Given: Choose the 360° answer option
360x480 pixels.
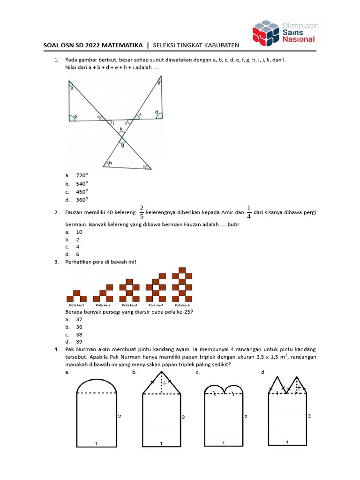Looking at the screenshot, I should pos(82,200).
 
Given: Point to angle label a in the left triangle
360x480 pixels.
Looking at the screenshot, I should pos(72,87).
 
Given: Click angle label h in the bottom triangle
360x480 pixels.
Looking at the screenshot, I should pos(110,163).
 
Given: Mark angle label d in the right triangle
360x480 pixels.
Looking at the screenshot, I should pos(156,112).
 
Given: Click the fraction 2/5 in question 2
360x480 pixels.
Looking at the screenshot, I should pos(142,212).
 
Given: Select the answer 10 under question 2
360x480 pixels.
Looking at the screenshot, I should pos(79,232).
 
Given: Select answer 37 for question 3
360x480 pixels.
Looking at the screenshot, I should pos(79,319).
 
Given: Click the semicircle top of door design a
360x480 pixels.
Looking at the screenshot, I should pos(96,386).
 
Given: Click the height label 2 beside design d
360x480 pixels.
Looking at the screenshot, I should pos(309,416).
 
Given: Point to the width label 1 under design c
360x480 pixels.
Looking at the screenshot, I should pos(223,442).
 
